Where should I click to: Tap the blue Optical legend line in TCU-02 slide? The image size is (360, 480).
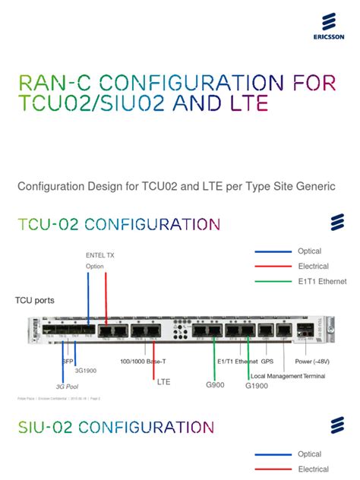coord(273,251)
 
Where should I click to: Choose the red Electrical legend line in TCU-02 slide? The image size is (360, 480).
coord(273,266)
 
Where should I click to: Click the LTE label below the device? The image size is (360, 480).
coord(163,383)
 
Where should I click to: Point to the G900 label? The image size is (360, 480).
coord(216,386)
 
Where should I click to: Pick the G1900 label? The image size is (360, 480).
coord(257,386)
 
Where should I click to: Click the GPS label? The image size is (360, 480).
coord(278,362)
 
